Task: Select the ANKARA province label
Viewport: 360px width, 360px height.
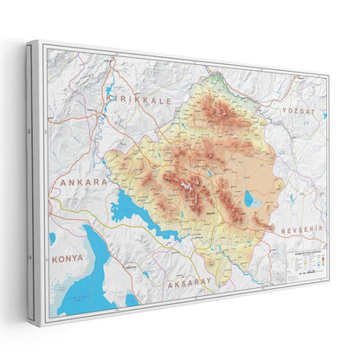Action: coord(83,183)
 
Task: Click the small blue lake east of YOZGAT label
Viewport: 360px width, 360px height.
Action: coord(325,114)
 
